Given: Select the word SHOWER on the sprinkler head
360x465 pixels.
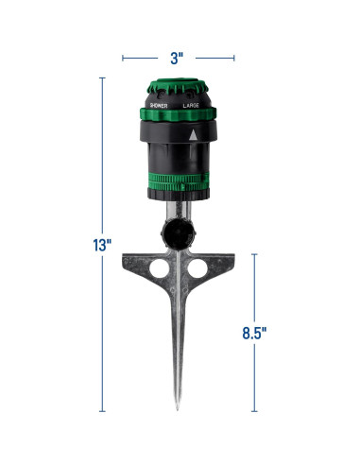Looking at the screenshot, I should coord(157,107).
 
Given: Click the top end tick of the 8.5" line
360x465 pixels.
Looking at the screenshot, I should coord(254,253).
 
